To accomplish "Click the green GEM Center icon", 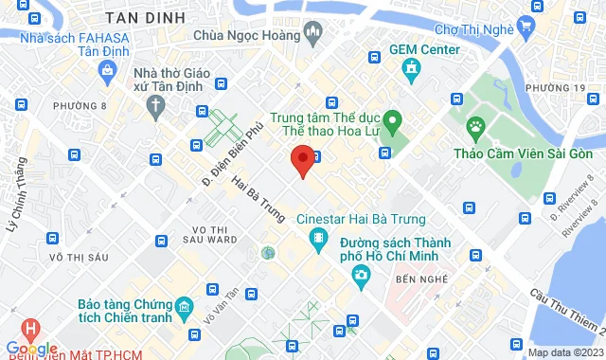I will click(x=410, y=69).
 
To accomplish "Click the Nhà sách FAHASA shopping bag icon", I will click(x=108, y=70).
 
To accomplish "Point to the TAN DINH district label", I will click(x=144, y=17).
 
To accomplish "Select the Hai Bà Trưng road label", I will click(x=257, y=200).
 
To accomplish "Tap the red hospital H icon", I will click(x=31, y=330).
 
